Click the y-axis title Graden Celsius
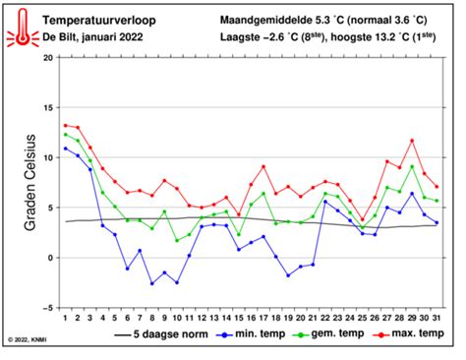coord(30,182)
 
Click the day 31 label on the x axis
coord(436,317)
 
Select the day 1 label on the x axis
coord(65,317)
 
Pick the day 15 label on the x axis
coord(238,317)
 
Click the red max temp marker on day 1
coord(65,125)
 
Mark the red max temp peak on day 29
coord(411,141)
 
